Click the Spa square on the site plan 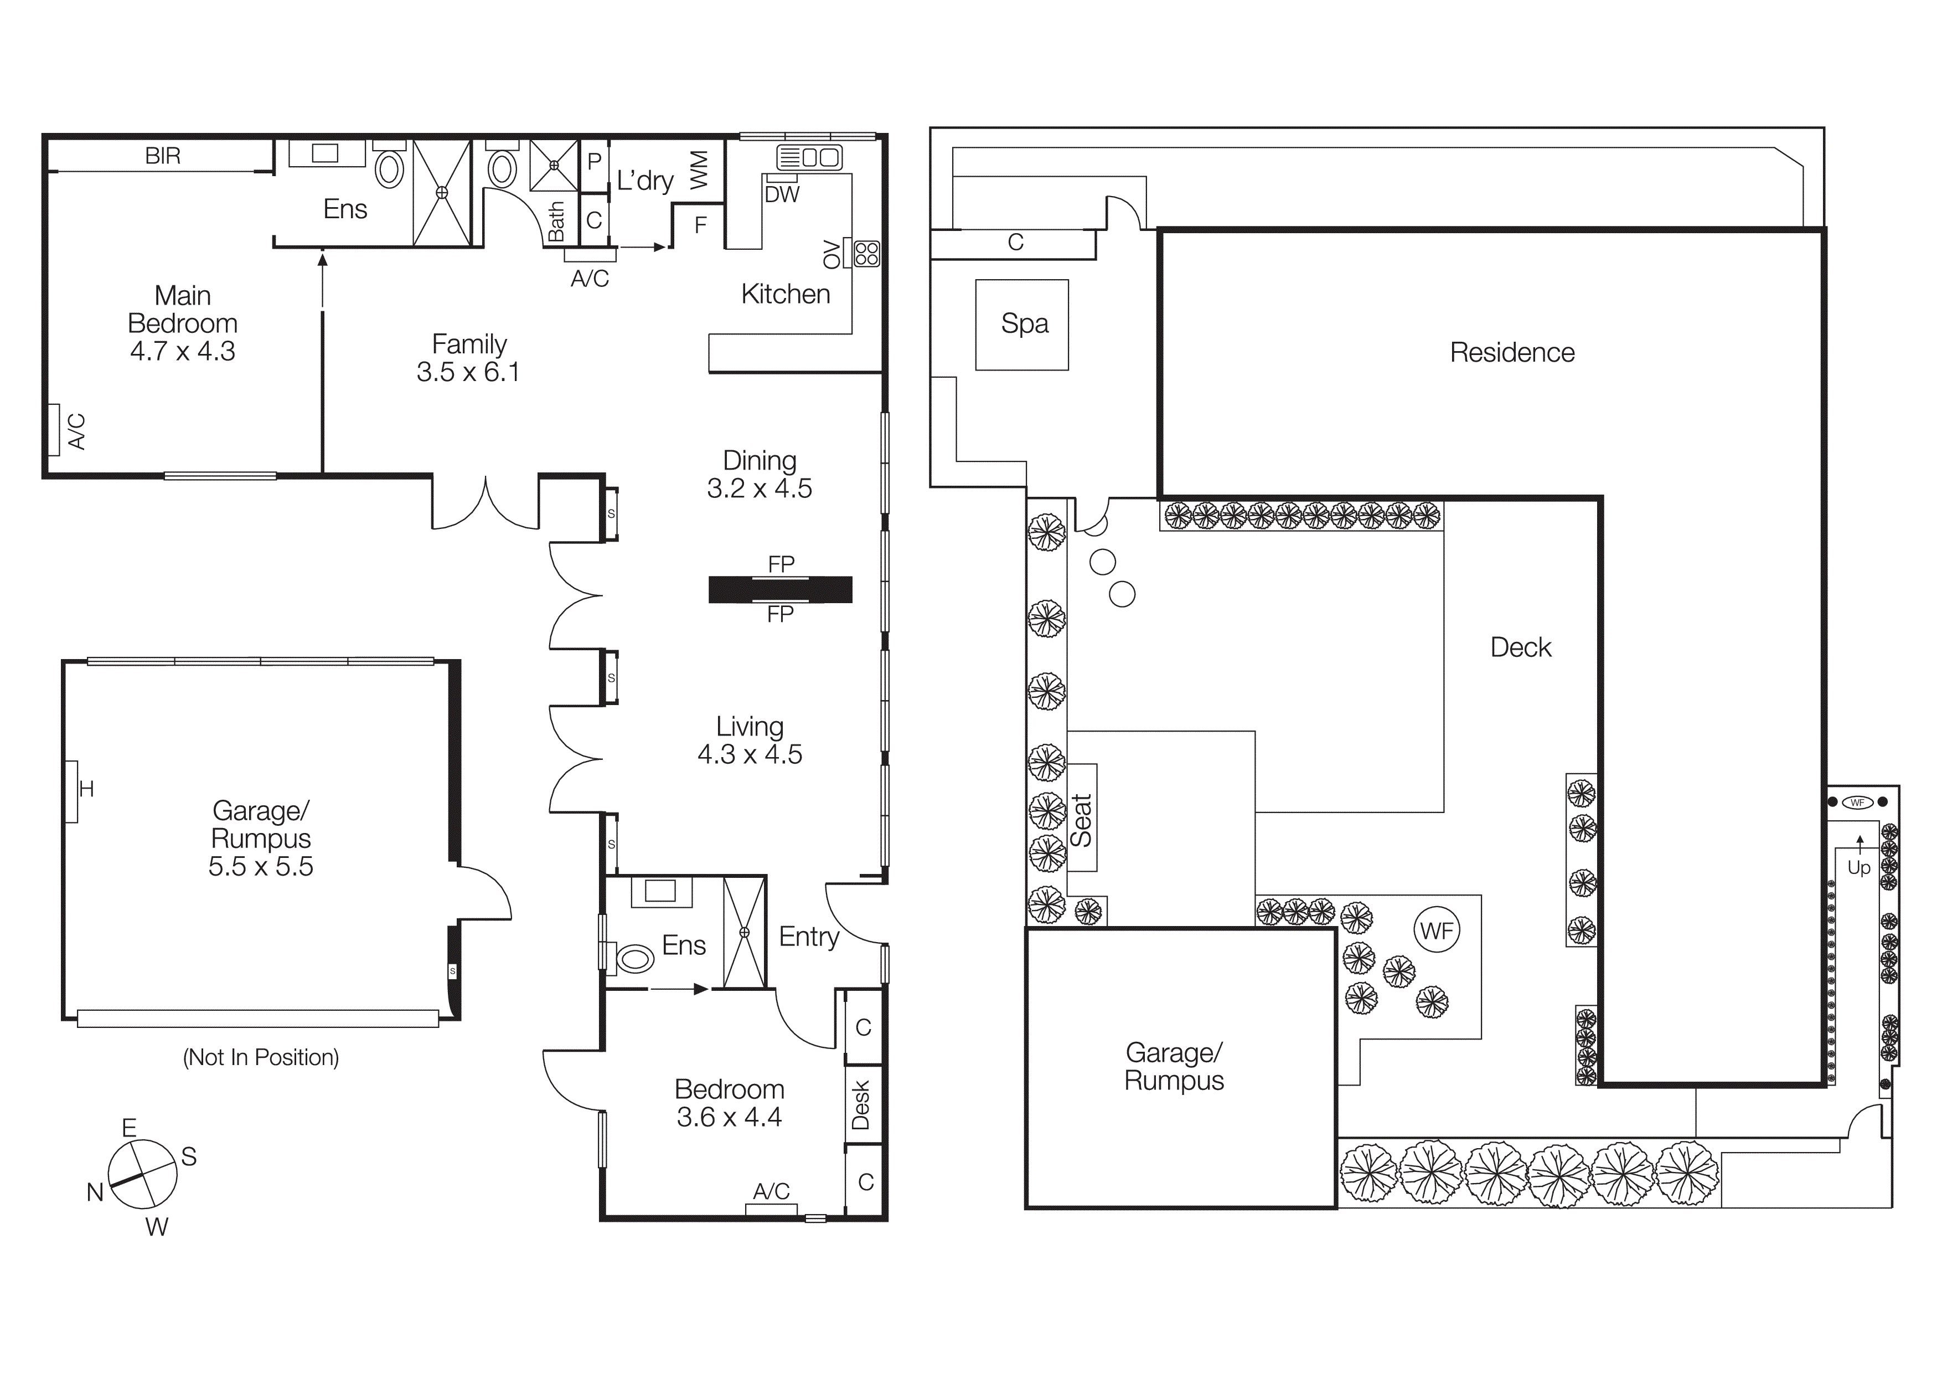coord(1022,325)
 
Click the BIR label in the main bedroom coord(162,156)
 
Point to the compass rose coord(143,1174)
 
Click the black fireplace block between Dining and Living coord(780,589)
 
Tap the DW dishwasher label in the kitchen coord(782,194)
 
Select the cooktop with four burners coord(867,254)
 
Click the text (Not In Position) coord(261,1057)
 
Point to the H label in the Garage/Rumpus coord(86,789)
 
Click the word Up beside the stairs coord(1858,868)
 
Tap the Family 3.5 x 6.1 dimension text coord(468,372)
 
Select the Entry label coord(809,937)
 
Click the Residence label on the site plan coord(1511,353)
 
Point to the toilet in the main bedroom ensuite coord(389,168)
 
